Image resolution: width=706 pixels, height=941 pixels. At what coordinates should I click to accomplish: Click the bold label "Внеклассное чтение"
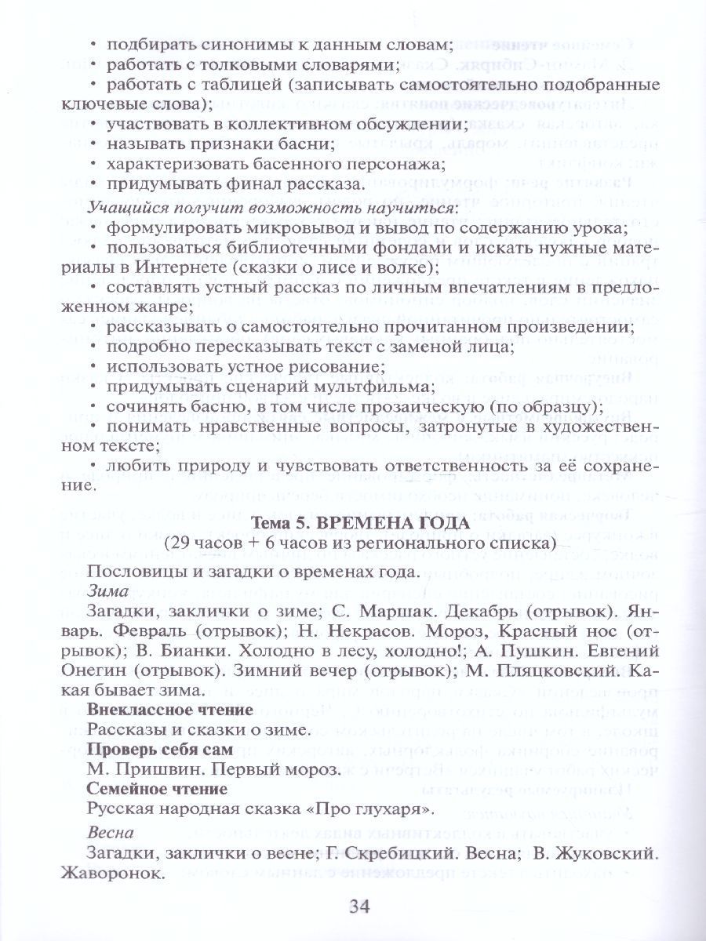pos(169,710)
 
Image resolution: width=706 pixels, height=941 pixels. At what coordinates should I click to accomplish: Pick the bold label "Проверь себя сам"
pos(149,749)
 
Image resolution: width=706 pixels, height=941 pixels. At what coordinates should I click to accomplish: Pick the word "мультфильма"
pos(366,387)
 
